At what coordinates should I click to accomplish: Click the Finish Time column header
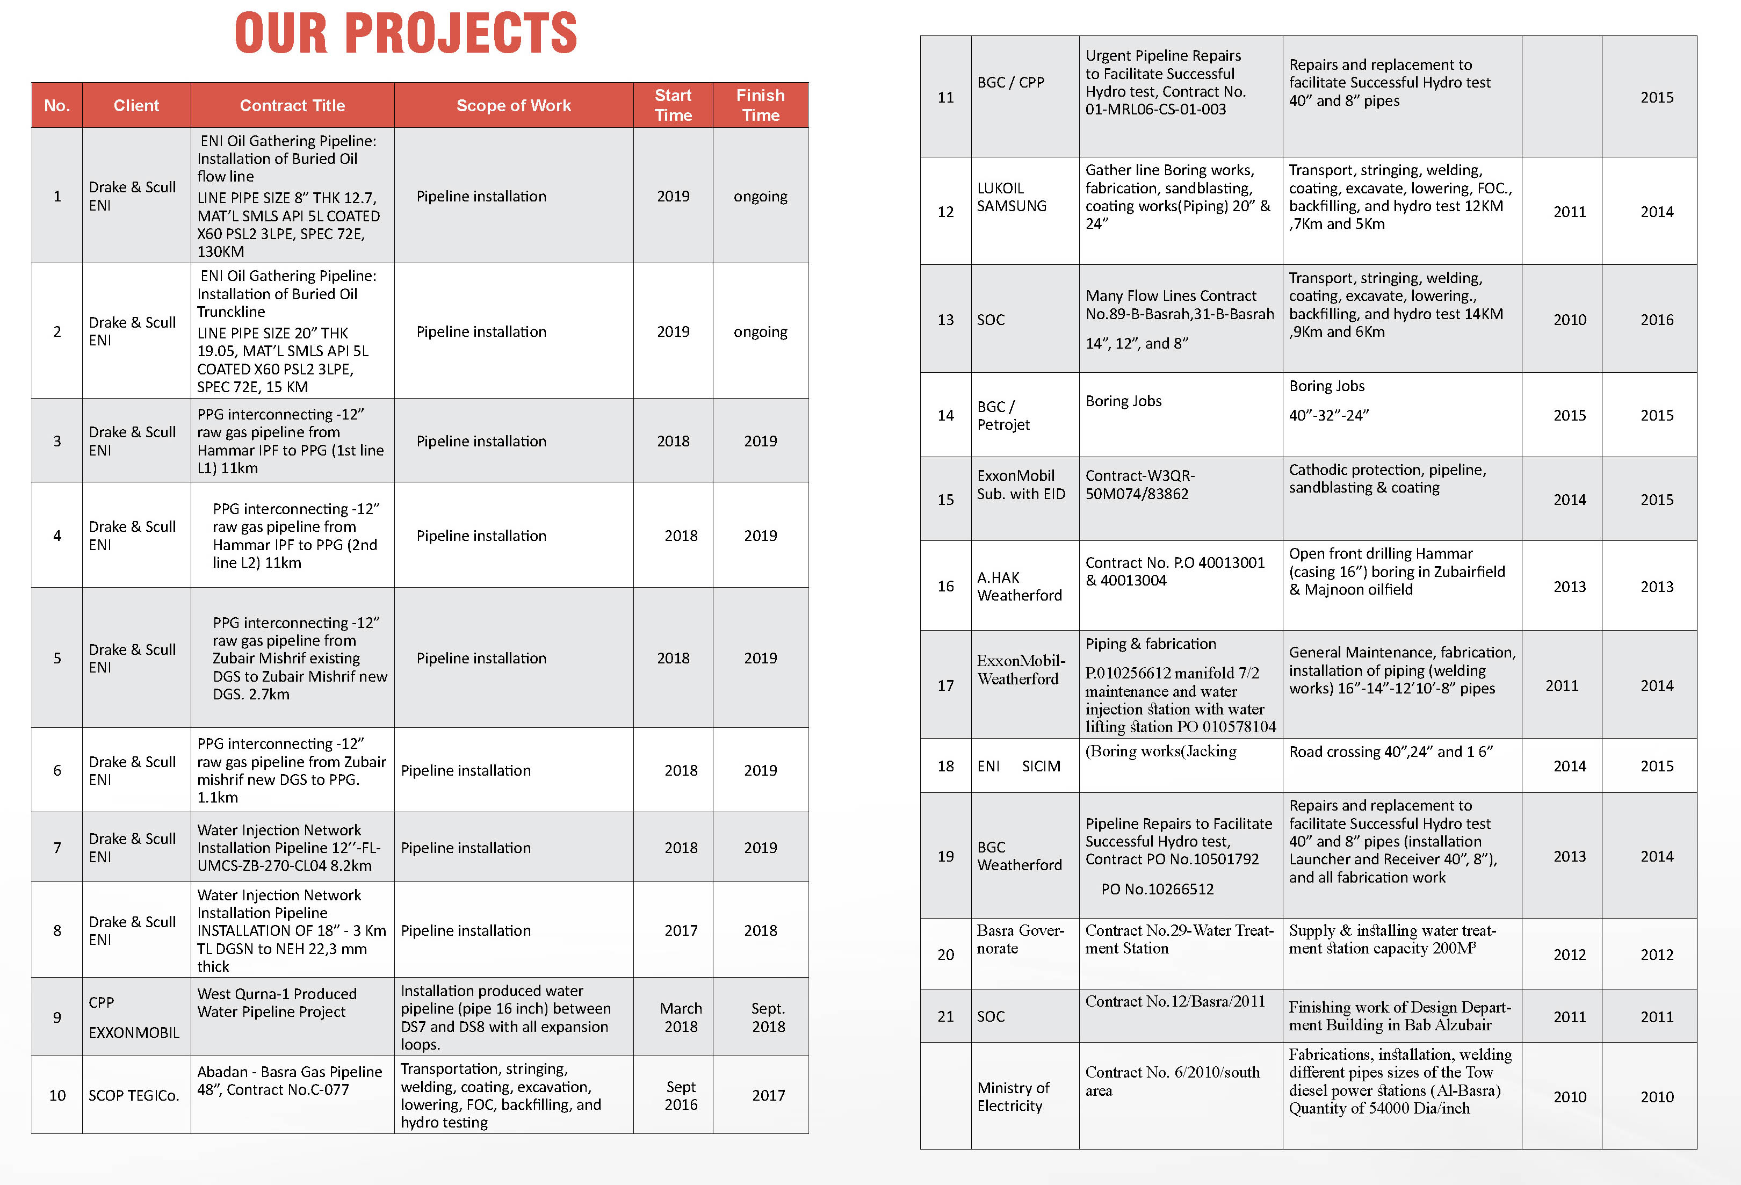[x=760, y=105]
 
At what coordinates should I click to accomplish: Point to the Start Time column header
[x=673, y=105]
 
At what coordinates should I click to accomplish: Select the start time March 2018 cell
[x=681, y=1017]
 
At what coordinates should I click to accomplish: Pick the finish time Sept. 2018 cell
[x=768, y=1017]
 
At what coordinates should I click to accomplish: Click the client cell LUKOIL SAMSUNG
[x=1012, y=197]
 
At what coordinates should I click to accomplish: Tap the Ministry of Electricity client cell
[x=1013, y=1096]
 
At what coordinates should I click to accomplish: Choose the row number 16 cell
[x=945, y=586]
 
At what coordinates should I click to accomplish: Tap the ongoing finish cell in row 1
[x=760, y=196]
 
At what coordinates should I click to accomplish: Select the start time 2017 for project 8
[x=681, y=930]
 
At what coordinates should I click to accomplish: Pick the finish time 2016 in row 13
[x=1656, y=320]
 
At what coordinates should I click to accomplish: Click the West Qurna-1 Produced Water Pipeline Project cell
[x=277, y=1003]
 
